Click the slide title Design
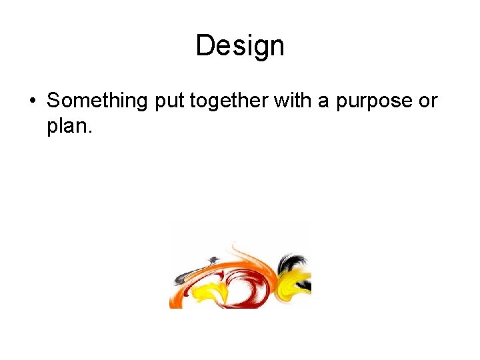(x=240, y=46)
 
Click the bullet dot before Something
(x=32, y=101)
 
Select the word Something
(x=97, y=101)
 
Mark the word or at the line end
(x=428, y=102)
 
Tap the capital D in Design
(x=205, y=46)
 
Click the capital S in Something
(x=54, y=101)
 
